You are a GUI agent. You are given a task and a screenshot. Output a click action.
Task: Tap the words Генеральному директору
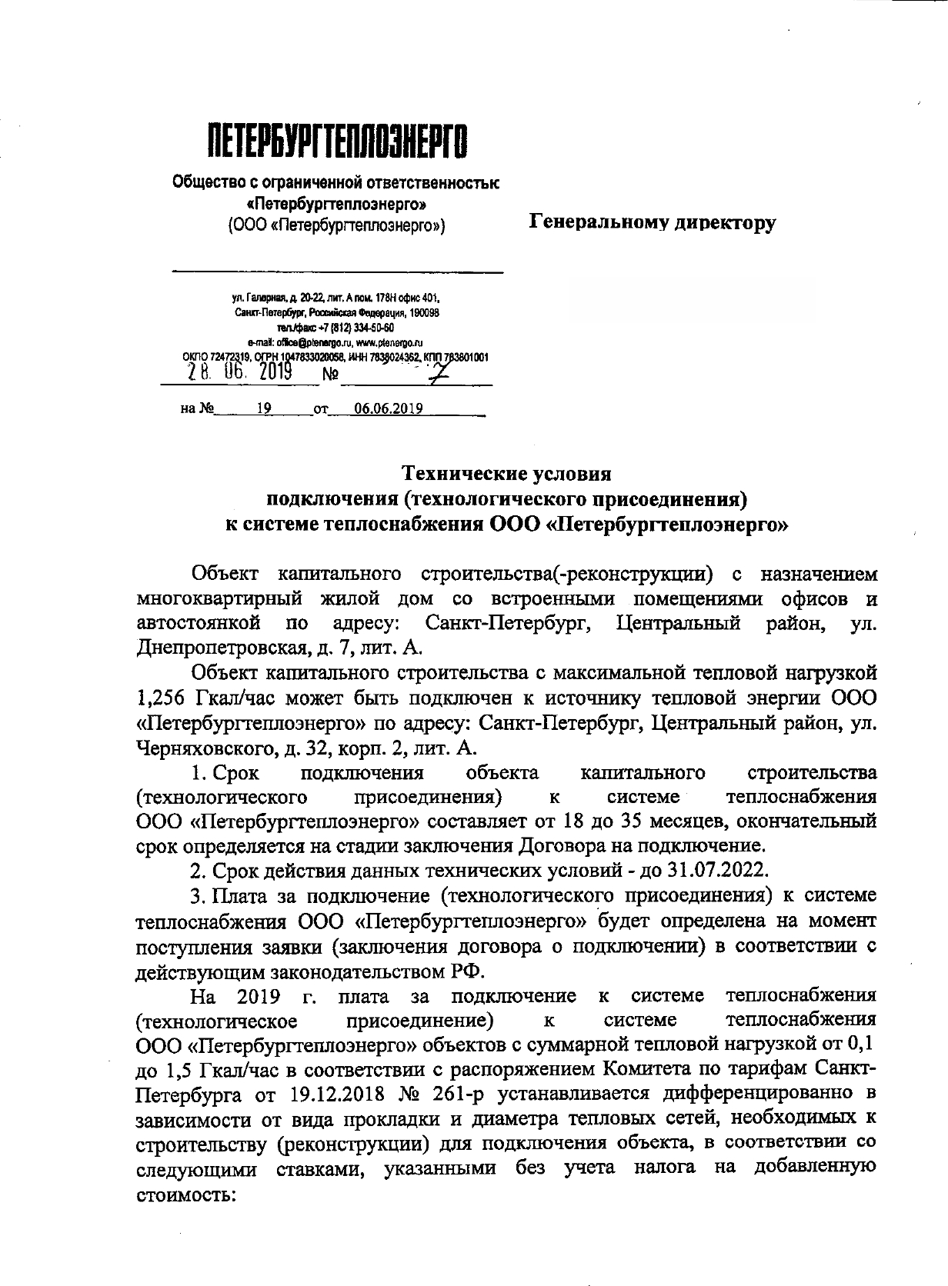coord(653,223)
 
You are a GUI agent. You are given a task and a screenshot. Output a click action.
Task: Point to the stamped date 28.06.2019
coord(239,373)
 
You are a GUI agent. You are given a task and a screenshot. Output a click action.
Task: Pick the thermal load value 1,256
coord(162,698)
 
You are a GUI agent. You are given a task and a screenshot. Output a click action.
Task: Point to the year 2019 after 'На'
coord(253,996)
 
